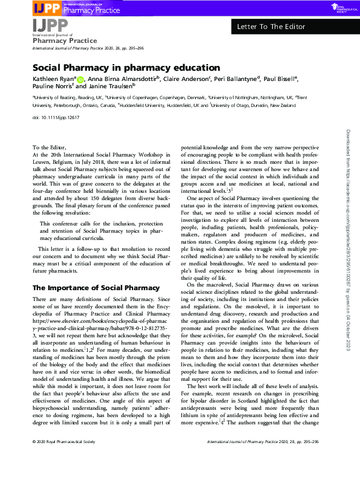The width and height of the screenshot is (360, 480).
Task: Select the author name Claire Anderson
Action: point(186,79)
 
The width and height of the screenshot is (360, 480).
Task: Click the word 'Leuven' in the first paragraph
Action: point(45,163)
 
